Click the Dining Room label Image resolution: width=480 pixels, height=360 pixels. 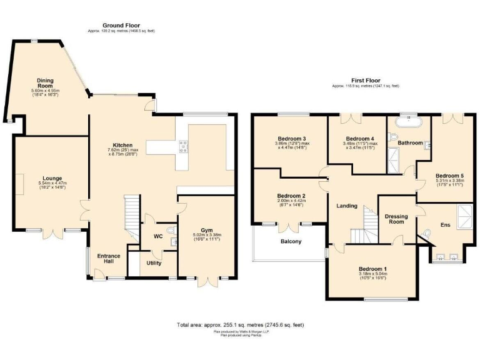[x=46, y=84]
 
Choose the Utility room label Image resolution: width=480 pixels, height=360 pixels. [x=154, y=263]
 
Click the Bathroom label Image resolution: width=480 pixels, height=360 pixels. [x=411, y=143]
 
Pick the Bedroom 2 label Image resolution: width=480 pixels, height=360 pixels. [x=289, y=196]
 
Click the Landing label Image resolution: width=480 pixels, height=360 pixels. [x=347, y=206]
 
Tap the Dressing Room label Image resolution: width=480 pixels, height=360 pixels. [x=396, y=217]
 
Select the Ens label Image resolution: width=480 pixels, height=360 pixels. [x=445, y=224]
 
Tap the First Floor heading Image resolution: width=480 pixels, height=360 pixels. [x=365, y=81]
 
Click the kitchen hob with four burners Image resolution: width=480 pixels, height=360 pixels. [x=185, y=147]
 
